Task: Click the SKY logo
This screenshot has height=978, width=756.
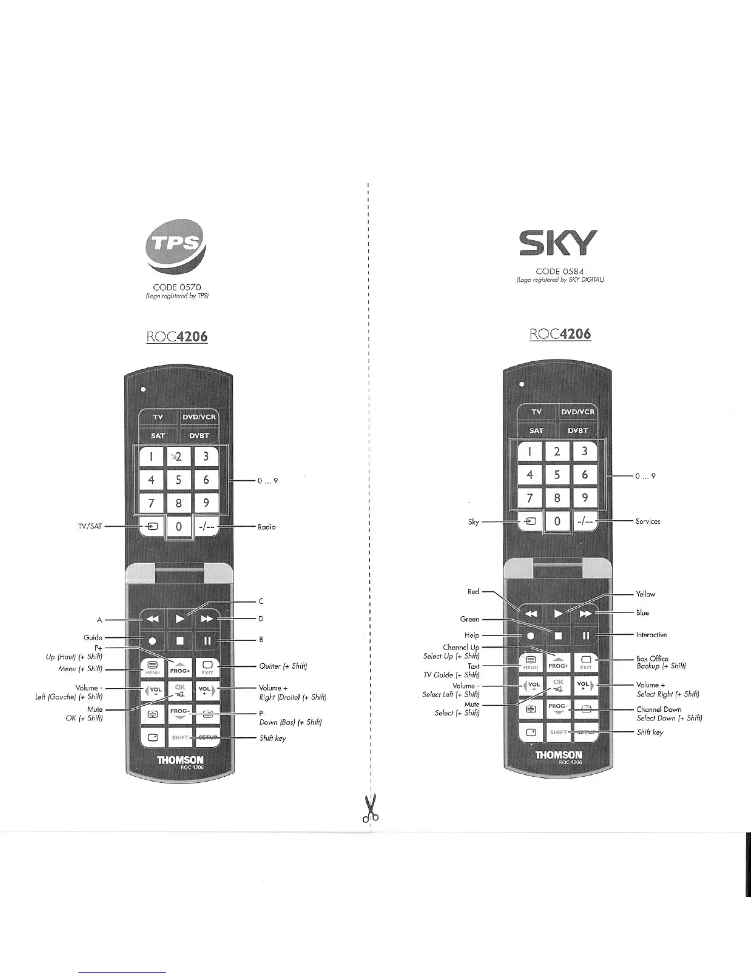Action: (558, 243)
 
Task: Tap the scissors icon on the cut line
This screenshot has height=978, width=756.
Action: (371, 809)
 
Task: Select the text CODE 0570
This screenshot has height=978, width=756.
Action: (177, 287)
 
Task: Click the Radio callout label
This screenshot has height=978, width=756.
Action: (267, 527)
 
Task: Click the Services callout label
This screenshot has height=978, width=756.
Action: (647, 521)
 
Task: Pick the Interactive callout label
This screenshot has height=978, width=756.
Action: (651, 635)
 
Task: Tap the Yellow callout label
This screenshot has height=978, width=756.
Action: (645, 594)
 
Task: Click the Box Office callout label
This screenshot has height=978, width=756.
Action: (652, 659)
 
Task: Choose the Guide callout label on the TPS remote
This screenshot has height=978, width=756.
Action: (93, 638)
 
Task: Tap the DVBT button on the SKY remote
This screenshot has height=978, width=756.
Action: (578, 430)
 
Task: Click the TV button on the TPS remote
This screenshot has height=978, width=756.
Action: (158, 417)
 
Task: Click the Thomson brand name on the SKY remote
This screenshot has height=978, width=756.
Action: (558, 754)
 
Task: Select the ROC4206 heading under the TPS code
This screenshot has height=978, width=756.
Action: (177, 336)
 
